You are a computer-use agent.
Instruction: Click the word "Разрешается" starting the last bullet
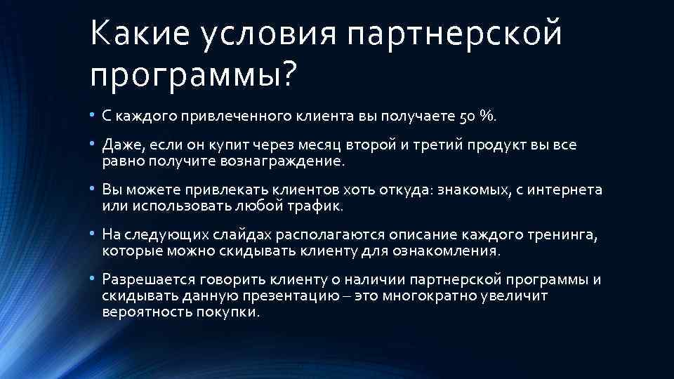(145, 279)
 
